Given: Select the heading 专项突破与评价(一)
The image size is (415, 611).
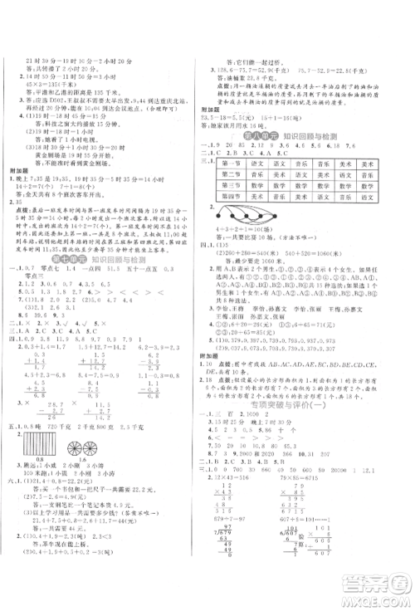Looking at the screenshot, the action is pos(295,407).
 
